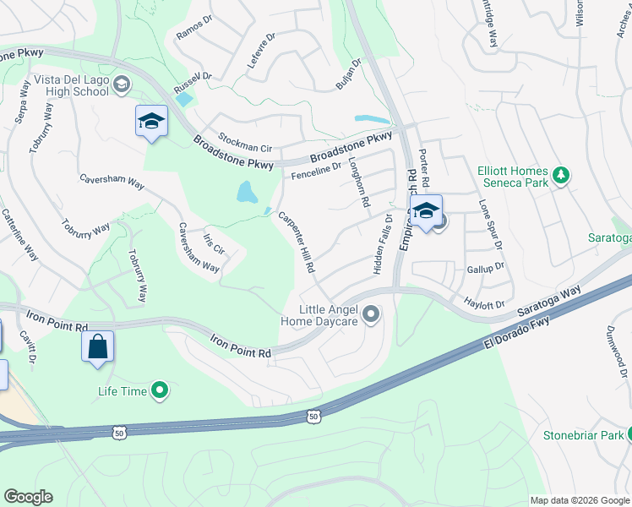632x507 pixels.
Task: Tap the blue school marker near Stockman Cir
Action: pyautogui.click(x=151, y=122)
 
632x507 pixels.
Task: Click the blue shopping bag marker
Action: pyautogui.click(x=97, y=346)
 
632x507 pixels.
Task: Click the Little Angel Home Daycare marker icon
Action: pyautogui.click(x=370, y=315)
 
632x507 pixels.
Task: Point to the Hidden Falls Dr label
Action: pyautogui.click(x=381, y=243)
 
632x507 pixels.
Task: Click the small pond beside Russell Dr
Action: pyautogui.click(x=183, y=99)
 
